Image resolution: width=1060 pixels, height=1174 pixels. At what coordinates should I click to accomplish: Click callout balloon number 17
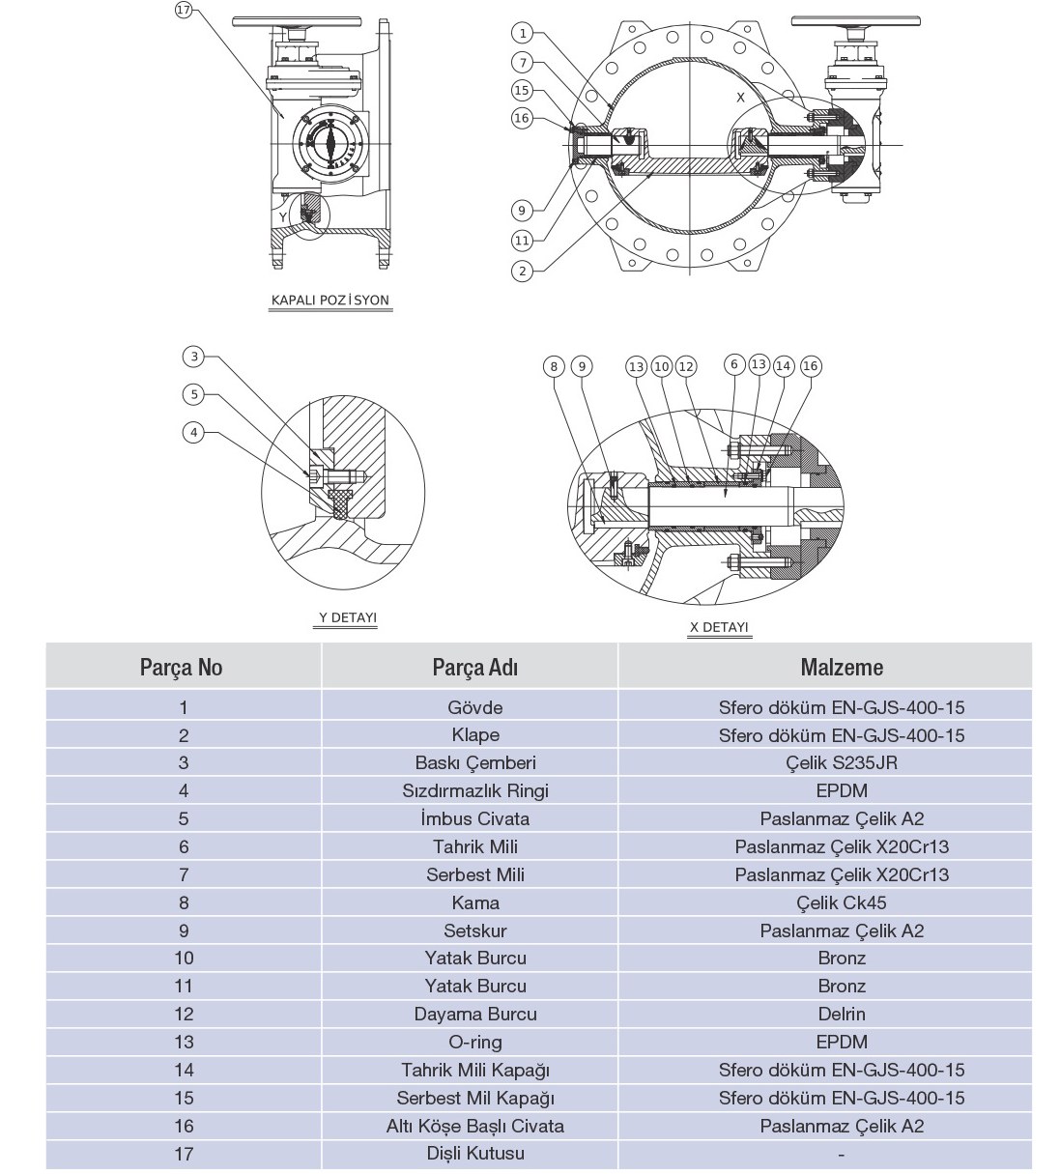[x=184, y=10]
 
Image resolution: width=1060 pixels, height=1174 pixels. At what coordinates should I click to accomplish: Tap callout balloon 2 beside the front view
[x=522, y=271]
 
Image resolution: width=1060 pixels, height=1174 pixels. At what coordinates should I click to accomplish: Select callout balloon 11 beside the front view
[x=522, y=240]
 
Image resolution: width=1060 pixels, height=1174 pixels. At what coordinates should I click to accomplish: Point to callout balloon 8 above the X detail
[x=554, y=366]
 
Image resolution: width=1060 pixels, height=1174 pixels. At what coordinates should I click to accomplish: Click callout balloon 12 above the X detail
[x=686, y=366]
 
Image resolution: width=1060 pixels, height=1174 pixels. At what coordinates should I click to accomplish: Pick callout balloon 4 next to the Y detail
[x=194, y=433]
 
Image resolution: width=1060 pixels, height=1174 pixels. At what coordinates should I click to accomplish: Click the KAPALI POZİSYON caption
[x=330, y=301]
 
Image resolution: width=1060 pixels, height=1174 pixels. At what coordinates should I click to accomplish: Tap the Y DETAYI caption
[x=348, y=617]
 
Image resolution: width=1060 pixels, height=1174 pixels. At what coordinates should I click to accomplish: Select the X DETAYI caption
[x=719, y=627]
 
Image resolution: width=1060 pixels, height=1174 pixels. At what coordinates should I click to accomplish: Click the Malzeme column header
[x=842, y=667]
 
